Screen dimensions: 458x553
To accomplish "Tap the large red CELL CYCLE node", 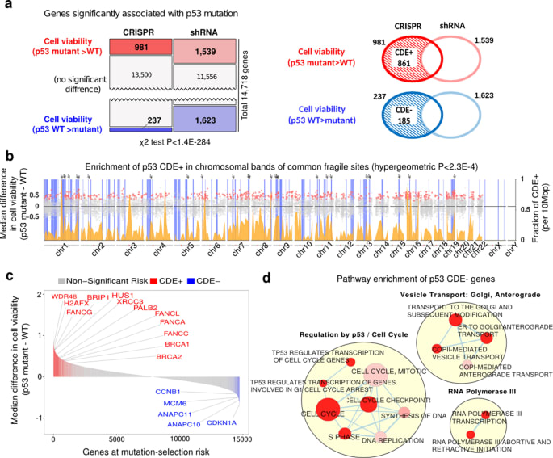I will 327,411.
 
